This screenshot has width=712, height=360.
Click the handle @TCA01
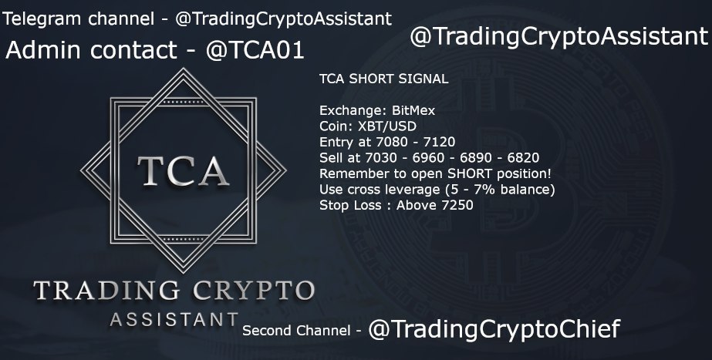[255, 50]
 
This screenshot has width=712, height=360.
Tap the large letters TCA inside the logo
[183, 171]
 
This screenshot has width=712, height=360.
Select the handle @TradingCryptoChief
[494, 329]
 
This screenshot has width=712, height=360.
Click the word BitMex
[413, 110]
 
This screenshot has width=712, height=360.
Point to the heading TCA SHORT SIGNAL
[383, 79]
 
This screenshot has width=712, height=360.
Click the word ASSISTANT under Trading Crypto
[174, 320]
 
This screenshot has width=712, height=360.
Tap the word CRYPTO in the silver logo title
[254, 291]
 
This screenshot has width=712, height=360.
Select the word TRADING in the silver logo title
[106, 291]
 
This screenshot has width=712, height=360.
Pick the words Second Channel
[296, 331]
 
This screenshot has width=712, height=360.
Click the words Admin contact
[91, 50]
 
